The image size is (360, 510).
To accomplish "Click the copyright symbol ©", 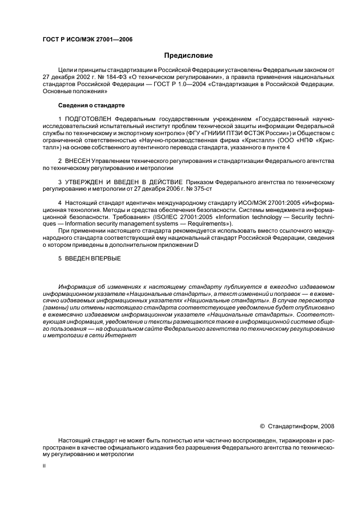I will (262, 426).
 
